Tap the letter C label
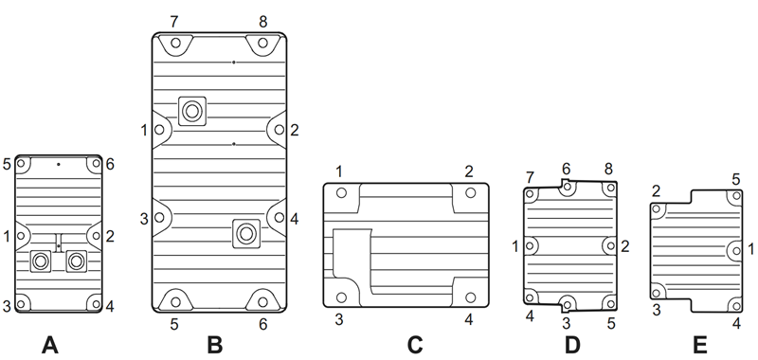click(x=414, y=345)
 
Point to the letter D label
click(x=570, y=345)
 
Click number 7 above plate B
click(x=172, y=20)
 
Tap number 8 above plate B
click(x=262, y=20)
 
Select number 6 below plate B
click(x=262, y=324)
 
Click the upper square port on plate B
click(x=193, y=111)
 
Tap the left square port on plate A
click(x=42, y=261)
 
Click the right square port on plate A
click(x=75, y=261)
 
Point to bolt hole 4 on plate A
click(x=92, y=305)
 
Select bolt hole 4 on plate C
click(x=471, y=294)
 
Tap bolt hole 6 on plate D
click(x=568, y=189)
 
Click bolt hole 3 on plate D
click(x=568, y=303)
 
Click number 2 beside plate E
click(x=656, y=191)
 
